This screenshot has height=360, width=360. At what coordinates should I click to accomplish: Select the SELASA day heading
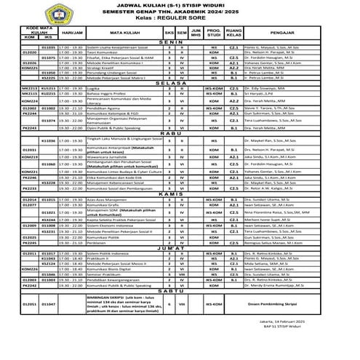179,104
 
